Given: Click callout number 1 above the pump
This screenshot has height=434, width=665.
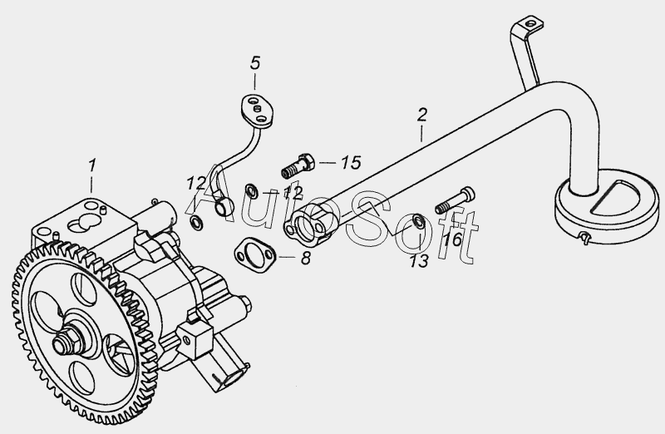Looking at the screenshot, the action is tap(92, 166).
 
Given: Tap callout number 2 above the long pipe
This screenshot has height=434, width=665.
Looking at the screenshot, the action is tap(422, 115).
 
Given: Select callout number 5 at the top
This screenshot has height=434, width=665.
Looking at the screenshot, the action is tap(255, 63).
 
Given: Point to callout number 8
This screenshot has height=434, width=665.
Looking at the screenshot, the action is tap(306, 258).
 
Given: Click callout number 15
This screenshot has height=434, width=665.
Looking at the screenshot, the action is tap(351, 162).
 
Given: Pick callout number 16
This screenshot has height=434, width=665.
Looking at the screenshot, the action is tap(452, 239).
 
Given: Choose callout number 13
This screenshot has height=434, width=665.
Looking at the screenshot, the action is tap(419, 261).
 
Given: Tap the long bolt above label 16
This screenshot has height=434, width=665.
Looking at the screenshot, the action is tap(455, 200).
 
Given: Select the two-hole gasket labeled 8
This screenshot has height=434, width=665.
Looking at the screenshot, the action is tap(255, 255).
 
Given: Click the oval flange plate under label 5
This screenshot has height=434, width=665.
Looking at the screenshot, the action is tap(258, 111).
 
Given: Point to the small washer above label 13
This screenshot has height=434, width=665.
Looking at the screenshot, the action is tap(418, 220).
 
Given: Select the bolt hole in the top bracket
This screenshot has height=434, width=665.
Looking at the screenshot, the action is tap(529, 23).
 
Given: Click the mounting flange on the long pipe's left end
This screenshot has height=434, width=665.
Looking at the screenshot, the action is tap(310, 224).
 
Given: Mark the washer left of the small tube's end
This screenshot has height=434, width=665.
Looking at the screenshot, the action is tap(196, 221).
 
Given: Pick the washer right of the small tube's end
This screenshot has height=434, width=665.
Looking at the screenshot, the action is tap(251, 190).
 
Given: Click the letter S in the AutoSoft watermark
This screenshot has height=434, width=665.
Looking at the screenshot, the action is tap(367, 220).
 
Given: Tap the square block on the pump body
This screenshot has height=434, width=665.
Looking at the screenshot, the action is tap(195, 339).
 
